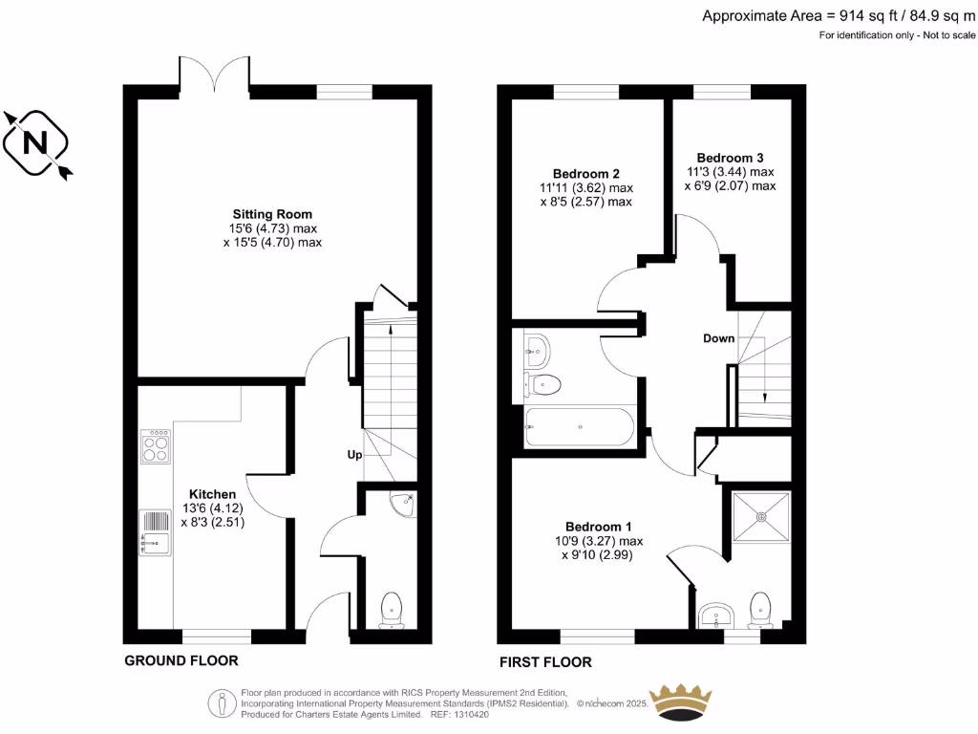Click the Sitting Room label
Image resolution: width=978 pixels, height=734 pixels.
(x=272, y=213)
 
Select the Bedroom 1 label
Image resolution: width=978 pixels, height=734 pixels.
(x=598, y=527)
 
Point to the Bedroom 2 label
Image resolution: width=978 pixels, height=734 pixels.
(x=586, y=174)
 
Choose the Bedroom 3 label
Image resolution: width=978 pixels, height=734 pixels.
(x=730, y=158)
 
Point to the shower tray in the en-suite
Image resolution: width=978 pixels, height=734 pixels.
(x=761, y=516)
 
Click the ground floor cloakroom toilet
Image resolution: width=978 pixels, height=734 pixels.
(x=393, y=609)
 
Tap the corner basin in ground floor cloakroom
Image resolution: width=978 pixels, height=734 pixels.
(x=403, y=501)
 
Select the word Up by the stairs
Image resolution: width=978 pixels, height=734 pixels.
(x=353, y=455)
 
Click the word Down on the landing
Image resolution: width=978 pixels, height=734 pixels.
(x=718, y=338)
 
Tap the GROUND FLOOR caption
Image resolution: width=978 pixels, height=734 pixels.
(x=181, y=660)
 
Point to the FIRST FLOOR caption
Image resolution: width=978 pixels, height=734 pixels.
(x=545, y=661)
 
